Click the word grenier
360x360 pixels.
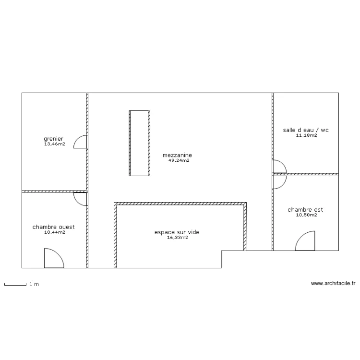coord(53,139)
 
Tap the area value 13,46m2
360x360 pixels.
coord(54,144)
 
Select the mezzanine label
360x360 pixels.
coord(178,155)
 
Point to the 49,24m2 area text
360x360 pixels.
coord(179,161)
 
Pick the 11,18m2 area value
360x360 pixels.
coord(306,136)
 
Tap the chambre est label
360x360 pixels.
coord(305,209)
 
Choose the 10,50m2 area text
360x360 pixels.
coord(306,215)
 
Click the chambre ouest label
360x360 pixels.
coord(53,227)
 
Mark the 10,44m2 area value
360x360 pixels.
coord(54,232)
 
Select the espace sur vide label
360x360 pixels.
coord(177,232)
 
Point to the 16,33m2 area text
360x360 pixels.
coord(178,238)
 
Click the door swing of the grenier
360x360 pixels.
coord(81,142)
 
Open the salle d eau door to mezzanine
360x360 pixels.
coord(279,166)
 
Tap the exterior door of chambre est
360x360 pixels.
coord(306,241)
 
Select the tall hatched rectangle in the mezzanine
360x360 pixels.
coord(139,143)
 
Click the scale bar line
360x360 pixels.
coord(15,285)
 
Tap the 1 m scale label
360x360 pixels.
coord(34,284)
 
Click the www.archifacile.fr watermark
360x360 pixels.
coord(333,284)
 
